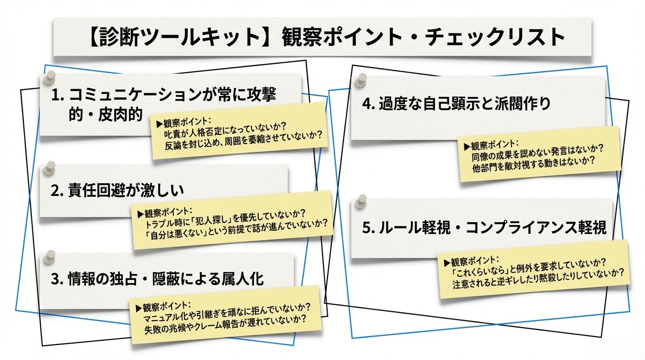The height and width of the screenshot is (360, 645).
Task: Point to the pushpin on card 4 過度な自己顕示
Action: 360,81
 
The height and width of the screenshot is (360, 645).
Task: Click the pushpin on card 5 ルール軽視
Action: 360,203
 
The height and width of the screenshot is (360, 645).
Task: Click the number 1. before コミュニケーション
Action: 57,95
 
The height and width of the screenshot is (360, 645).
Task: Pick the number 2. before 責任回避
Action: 57,190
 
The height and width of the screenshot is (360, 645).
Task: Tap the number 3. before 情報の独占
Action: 57,279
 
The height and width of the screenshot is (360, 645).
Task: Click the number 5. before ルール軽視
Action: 368,228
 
